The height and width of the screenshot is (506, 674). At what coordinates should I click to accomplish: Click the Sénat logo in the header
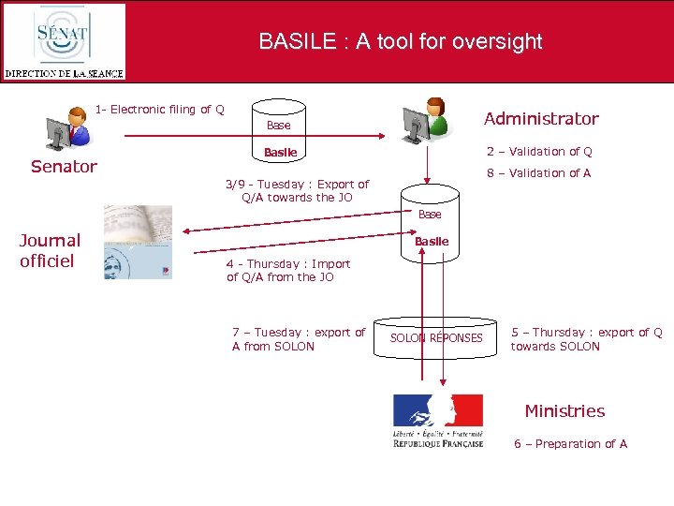(x=64, y=41)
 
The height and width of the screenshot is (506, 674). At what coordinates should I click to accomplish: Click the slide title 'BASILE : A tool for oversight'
(x=400, y=41)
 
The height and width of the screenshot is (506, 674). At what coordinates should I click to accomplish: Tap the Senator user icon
(x=69, y=129)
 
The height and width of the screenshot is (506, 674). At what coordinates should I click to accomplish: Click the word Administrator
(x=540, y=118)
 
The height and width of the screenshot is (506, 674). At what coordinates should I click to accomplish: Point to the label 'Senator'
(x=64, y=167)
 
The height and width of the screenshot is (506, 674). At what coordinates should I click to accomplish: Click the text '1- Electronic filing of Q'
(x=159, y=110)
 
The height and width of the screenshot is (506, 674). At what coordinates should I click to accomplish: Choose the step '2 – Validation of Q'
(x=538, y=151)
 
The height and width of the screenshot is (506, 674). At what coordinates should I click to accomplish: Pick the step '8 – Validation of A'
(x=538, y=172)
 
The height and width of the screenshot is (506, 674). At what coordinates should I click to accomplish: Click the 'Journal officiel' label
(x=51, y=250)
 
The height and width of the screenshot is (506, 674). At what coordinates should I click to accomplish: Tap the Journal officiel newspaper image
(x=138, y=243)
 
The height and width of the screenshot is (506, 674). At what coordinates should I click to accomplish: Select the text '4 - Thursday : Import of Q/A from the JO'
(x=288, y=271)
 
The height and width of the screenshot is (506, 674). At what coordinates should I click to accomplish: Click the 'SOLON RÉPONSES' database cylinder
(x=436, y=336)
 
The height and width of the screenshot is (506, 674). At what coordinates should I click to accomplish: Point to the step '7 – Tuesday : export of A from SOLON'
(x=299, y=339)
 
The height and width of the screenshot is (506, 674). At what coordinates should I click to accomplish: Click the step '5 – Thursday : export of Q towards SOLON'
(x=586, y=339)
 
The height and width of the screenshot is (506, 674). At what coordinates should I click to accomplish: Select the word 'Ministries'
(x=564, y=410)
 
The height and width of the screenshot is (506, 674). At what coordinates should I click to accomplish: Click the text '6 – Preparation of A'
(x=570, y=444)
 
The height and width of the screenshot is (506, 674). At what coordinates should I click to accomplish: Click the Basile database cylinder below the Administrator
(x=431, y=226)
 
